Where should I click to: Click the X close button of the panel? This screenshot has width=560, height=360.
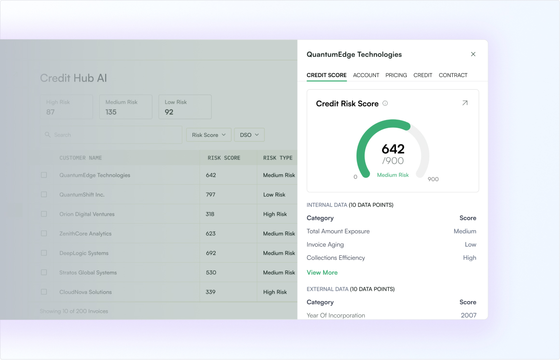pos(473,54)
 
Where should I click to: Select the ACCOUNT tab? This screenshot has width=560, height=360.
pos(366,75)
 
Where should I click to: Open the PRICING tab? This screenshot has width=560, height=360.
pos(396,75)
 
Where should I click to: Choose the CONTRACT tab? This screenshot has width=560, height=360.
pos(453,75)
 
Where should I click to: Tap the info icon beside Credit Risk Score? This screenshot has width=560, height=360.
pos(385,104)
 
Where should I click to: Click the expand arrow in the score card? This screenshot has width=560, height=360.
pos(464,103)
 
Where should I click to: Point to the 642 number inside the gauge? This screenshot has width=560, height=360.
pos(393,149)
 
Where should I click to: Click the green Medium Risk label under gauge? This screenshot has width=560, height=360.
pos(393,175)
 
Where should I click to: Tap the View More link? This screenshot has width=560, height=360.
pos(322,273)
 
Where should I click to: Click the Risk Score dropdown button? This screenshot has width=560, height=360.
pos(208,135)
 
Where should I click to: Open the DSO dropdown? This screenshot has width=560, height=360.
pos(249,135)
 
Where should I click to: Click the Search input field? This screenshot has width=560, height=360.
pos(111,135)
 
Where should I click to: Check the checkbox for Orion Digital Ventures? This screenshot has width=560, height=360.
pos(44,214)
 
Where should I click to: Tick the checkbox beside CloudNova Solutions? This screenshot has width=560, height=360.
pos(44,292)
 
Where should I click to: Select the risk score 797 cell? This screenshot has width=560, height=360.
pos(210,195)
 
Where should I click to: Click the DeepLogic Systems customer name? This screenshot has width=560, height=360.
pos(84,253)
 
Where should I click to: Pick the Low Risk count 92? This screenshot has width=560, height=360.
pos(169,112)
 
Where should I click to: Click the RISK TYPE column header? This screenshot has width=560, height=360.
pos(278,158)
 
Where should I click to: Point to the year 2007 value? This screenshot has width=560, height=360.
pos(468,315)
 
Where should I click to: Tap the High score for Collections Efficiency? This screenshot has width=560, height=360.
pos(470,258)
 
